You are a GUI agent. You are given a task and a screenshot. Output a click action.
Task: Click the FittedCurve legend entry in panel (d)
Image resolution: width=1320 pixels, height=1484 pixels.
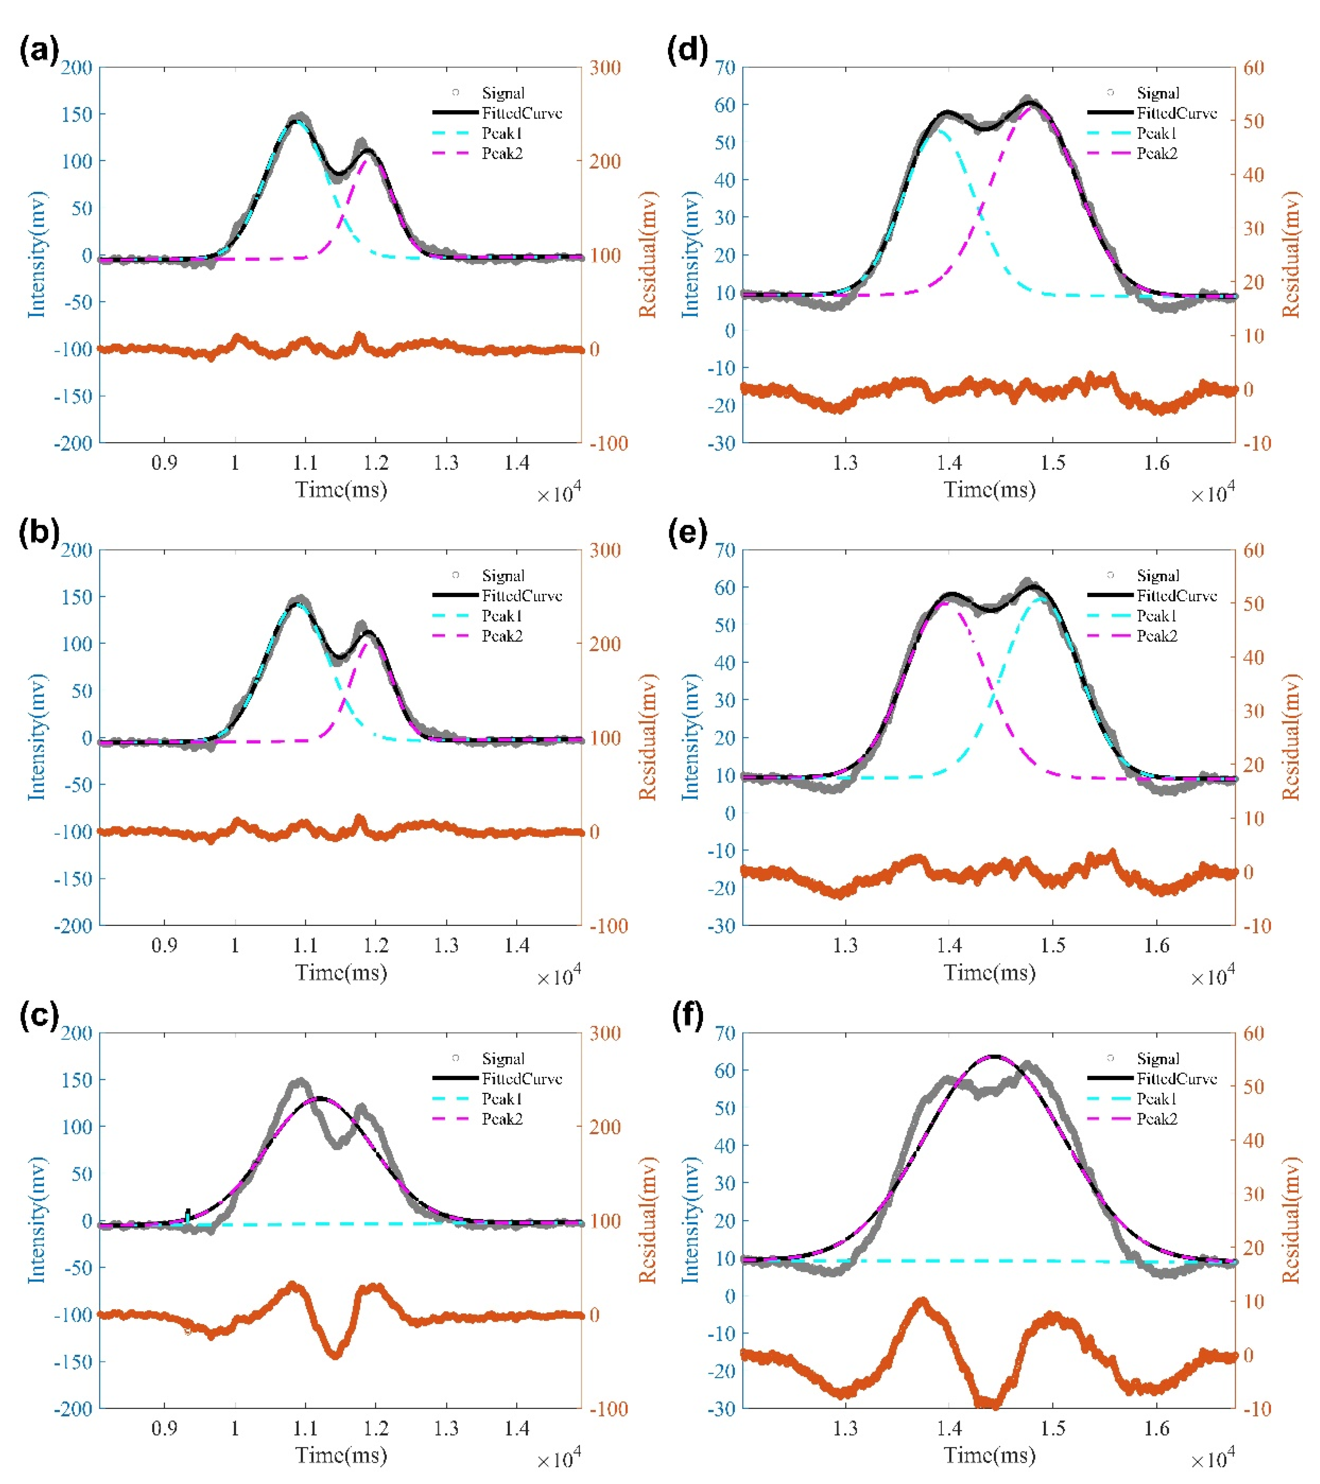(1176, 113)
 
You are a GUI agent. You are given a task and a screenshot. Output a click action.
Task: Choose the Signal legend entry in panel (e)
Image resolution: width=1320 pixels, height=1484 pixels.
(1157, 576)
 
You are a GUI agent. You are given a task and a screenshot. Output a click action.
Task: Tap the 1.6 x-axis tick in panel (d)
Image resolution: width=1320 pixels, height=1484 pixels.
(1157, 462)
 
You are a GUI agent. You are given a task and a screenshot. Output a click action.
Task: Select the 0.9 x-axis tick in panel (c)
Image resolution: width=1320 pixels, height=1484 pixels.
(164, 1428)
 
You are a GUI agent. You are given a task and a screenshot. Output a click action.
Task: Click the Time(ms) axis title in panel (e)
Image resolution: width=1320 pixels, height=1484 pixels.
(989, 972)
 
